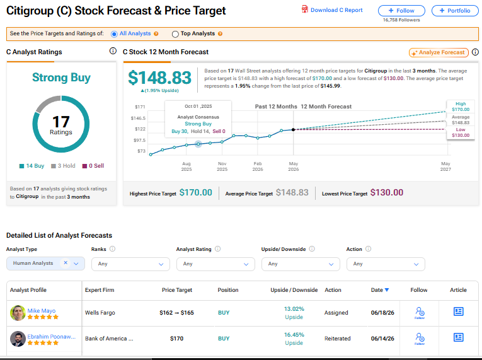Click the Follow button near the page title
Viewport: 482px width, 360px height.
(401, 11)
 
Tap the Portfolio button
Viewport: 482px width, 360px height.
(455, 11)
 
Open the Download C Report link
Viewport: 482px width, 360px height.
(332, 10)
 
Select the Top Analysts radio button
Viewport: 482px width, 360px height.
(175, 34)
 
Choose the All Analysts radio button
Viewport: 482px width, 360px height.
(114, 34)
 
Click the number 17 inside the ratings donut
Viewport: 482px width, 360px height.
(61, 122)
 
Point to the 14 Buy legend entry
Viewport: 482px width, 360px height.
(32, 166)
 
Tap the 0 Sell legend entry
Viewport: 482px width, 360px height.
(93, 166)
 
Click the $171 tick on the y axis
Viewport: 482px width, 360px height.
(140, 107)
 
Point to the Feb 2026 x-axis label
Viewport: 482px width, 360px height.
(258, 166)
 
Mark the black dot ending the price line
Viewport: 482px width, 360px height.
(293, 129)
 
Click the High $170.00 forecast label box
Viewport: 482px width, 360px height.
(461, 107)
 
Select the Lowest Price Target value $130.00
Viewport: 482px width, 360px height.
(387, 193)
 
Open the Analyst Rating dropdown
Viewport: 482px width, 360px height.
(215, 264)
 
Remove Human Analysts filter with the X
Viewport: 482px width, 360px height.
(66, 263)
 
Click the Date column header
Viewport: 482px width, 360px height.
(380, 290)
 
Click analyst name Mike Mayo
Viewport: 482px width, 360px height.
(42, 310)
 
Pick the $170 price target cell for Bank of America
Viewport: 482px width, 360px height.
(177, 339)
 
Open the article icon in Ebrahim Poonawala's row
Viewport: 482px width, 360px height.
(458, 337)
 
